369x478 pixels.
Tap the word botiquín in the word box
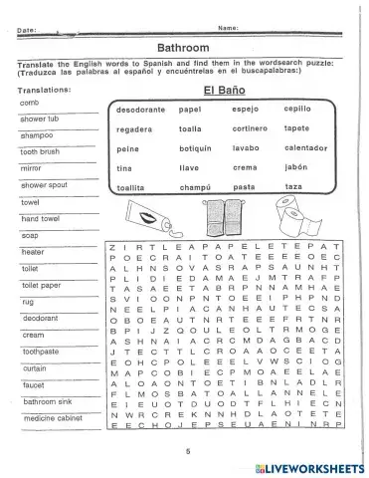pyautogui.click(x=198, y=148)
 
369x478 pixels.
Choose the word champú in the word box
pyautogui.click(x=196, y=186)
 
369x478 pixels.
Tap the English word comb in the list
pyautogui.click(x=29, y=103)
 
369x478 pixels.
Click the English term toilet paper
pyautogui.click(x=39, y=284)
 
